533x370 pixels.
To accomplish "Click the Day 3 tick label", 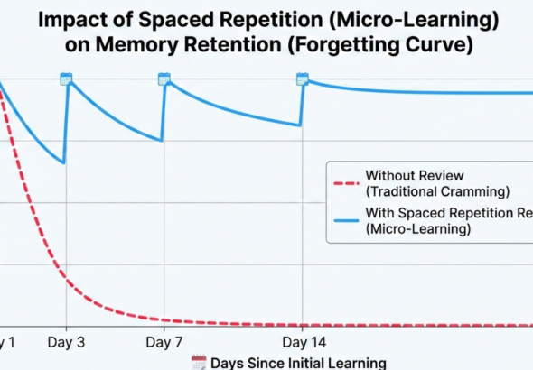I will [66, 343].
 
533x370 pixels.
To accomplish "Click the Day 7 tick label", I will [164, 343].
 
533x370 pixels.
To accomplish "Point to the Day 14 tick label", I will [303, 343].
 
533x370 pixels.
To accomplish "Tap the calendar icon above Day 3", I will [66, 79].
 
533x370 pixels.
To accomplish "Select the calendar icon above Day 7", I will [164, 79].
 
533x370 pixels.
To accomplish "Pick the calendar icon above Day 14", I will [303, 79].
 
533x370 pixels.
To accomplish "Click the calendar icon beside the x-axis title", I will [199, 362].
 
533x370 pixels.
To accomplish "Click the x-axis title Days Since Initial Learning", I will [298, 363].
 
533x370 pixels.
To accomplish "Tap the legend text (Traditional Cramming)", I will [437, 191].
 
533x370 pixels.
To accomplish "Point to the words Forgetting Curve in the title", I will [405, 45].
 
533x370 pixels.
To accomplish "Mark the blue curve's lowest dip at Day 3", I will [63, 162].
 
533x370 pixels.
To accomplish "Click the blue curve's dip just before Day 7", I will [161, 140].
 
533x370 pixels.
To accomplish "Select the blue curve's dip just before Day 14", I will [299, 125].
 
